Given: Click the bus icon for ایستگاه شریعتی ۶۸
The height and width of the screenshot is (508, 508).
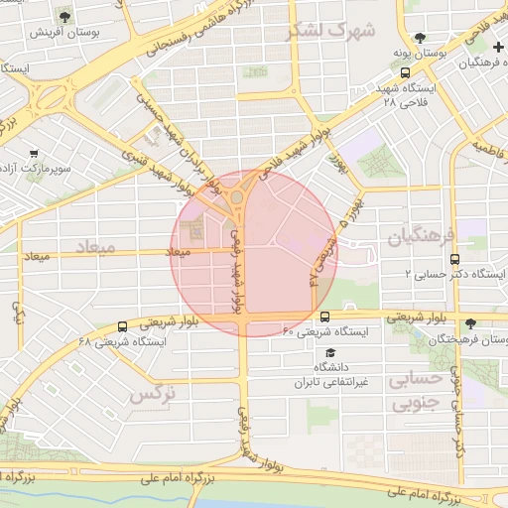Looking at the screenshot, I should (122, 325).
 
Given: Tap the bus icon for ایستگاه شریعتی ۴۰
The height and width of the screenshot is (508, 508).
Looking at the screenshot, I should (324, 317).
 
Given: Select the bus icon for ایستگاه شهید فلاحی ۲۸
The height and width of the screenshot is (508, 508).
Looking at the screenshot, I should (404, 72).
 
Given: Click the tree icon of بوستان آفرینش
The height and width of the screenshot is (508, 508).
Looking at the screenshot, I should (64, 17).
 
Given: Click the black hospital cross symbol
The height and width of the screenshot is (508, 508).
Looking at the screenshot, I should (497, 48).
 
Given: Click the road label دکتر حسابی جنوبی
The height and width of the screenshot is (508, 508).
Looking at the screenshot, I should (458, 397).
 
